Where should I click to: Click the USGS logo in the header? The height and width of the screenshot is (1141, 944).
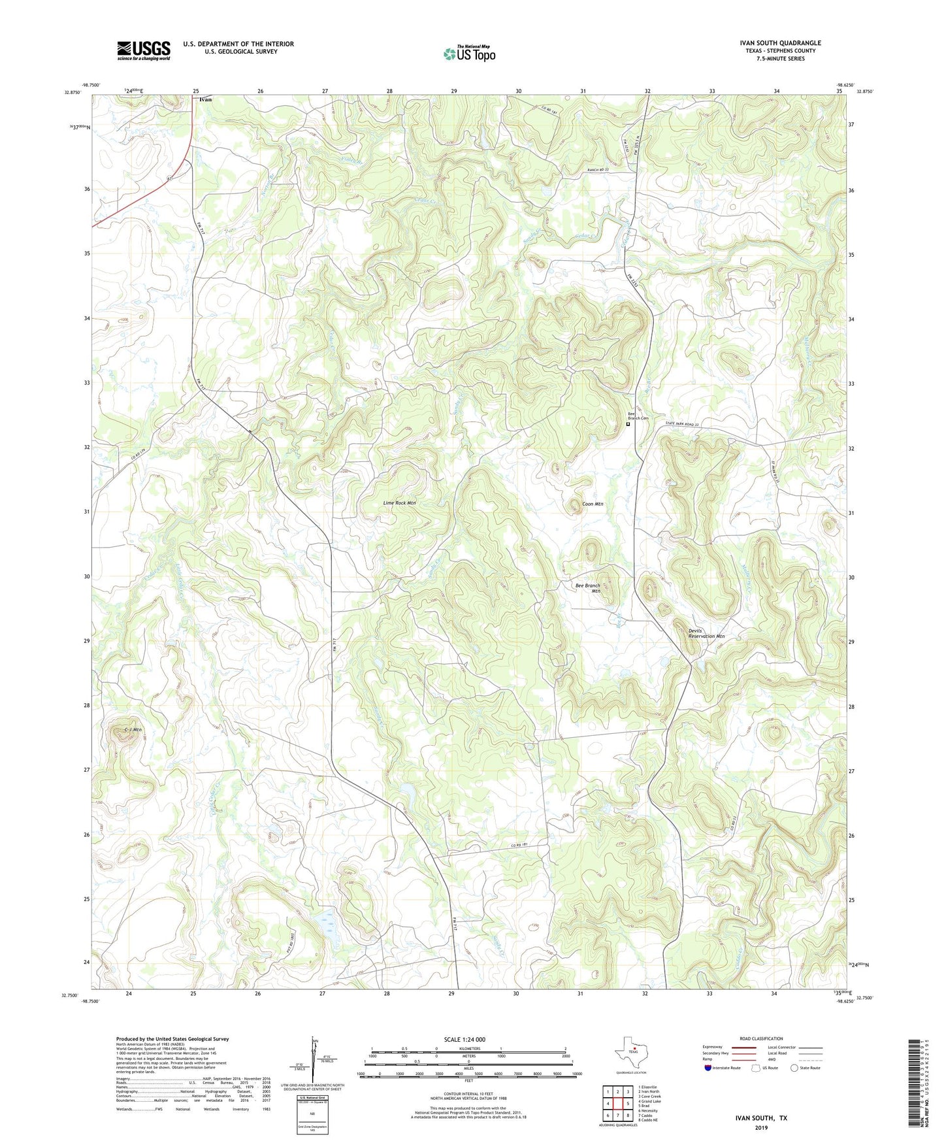[x=144, y=50]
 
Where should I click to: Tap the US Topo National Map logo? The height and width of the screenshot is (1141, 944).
[x=469, y=53]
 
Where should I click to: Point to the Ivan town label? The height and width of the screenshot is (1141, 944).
[x=205, y=100]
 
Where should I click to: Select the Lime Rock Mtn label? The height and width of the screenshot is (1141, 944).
[x=399, y=503]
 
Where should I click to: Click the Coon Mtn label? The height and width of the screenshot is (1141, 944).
[x=593, y=504]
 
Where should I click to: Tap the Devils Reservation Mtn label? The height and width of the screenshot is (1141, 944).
[x=706, y=633]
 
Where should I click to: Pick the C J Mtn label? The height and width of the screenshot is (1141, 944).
[x=133, y=729]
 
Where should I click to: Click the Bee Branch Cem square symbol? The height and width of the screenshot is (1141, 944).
[x=628, y=424]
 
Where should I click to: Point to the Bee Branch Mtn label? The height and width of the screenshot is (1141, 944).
[x=587, y=588]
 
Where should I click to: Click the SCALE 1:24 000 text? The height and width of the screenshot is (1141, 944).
[x=464, y=1039]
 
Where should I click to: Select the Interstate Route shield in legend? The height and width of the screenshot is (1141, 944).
[x=709, y=1068]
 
